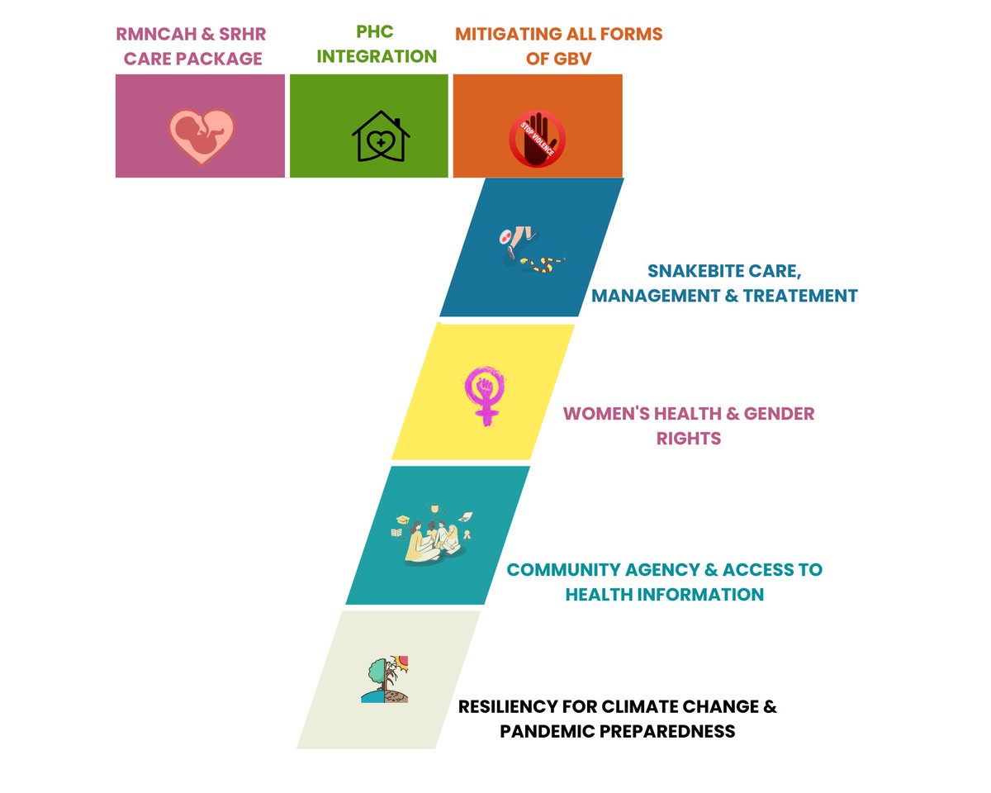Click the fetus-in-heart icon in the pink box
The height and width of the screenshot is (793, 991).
click(202, 135)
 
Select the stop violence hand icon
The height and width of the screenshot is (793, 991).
click(537, 138)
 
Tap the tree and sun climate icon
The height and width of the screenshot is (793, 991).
click(386, 679)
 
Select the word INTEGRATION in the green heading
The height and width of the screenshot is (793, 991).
click(377, 57)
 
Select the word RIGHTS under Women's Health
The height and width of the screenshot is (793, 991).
click(689, 438)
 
